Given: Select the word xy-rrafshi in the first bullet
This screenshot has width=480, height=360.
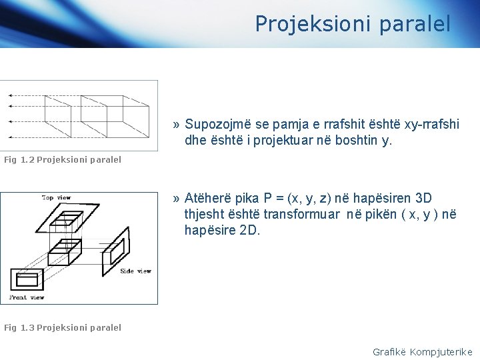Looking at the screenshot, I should click(x=434, y=124).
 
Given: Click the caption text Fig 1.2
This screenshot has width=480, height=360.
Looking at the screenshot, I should click(x=19, y=160).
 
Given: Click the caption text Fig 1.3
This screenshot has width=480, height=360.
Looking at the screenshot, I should click(x=19, y=327).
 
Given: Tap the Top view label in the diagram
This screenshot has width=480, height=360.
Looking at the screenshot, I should click(x=57, y=198).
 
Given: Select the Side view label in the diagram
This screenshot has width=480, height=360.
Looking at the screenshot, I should click(x=135, y=271).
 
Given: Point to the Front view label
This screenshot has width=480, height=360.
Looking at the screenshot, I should click(x=27, y=297).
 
